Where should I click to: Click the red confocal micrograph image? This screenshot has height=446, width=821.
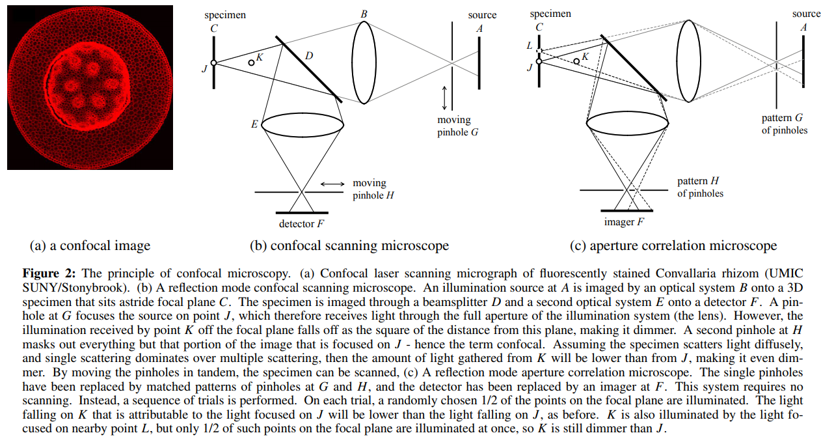90,87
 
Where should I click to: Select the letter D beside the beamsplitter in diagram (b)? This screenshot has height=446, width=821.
309,56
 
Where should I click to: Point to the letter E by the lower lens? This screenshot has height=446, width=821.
254,124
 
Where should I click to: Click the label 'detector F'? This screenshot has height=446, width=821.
302,224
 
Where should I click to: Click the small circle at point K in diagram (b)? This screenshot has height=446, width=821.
251,62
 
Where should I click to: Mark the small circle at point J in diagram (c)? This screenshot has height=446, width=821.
539,62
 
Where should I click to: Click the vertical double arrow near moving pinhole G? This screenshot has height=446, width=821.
444,97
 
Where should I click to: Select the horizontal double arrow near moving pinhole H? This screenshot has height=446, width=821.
332,184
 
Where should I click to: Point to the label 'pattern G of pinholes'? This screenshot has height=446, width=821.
785,124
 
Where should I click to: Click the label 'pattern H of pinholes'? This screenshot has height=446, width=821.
700,187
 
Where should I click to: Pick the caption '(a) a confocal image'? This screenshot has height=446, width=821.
90,245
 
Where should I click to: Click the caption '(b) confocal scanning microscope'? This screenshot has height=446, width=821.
349,245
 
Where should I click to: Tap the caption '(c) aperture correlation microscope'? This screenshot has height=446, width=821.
673,245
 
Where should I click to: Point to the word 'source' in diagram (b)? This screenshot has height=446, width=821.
482,14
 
